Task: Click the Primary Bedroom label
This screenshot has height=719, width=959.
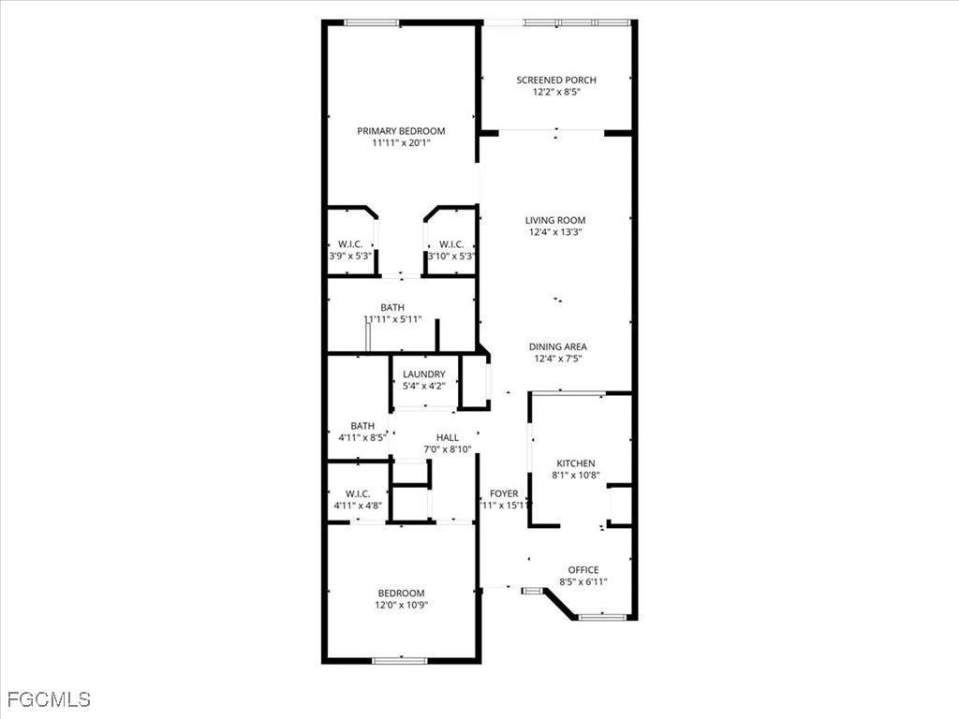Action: (401, 131)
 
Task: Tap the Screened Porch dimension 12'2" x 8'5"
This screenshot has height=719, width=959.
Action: (556, 92)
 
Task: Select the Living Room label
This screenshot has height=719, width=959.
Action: (555, 220)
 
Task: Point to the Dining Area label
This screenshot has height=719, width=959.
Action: (558, 346)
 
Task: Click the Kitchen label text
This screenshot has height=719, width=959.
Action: (576, 463)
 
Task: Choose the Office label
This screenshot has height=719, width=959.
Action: (583, 569)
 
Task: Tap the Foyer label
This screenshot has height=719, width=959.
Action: (504, 493)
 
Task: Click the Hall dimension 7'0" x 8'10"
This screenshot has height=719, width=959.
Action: (448, 449)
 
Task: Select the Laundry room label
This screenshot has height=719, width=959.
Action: (424, 374)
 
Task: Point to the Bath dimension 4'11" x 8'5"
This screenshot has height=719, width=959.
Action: (362, 437)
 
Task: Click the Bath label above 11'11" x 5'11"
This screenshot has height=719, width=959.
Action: (392, 307)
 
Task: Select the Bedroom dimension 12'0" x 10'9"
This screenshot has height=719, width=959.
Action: (401, 605)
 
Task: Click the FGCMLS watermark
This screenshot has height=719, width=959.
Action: (49, 699)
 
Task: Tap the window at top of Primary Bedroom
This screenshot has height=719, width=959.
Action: (372, 22)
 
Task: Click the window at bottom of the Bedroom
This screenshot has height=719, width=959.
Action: (400, 661)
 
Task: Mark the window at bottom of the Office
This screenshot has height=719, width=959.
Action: (597, 617)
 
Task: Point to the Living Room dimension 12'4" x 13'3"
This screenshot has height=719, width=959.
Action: (555, 232)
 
